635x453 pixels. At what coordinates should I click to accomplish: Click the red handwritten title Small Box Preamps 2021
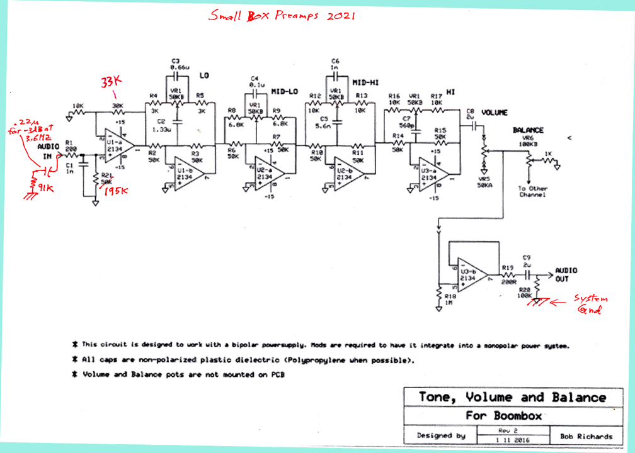pos(282,15)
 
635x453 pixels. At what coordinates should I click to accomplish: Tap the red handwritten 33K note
pos(112,82)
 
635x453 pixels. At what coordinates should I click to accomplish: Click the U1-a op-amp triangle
pos(115,143)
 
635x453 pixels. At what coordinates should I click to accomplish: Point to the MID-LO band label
pos(284,91)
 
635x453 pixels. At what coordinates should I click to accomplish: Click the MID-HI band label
pos(365,82)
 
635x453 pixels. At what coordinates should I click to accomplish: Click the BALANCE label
pos(528,130)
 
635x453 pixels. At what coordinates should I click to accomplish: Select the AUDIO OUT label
pos(565,275)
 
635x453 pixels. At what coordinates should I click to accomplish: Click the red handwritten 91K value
pos(46,187)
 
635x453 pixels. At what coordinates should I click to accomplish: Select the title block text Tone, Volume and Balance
pos(512,397)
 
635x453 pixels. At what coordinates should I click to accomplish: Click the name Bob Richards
pos(586,435)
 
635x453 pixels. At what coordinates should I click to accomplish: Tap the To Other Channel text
pos(532,191)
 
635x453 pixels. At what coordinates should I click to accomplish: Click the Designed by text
pos(441,435)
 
